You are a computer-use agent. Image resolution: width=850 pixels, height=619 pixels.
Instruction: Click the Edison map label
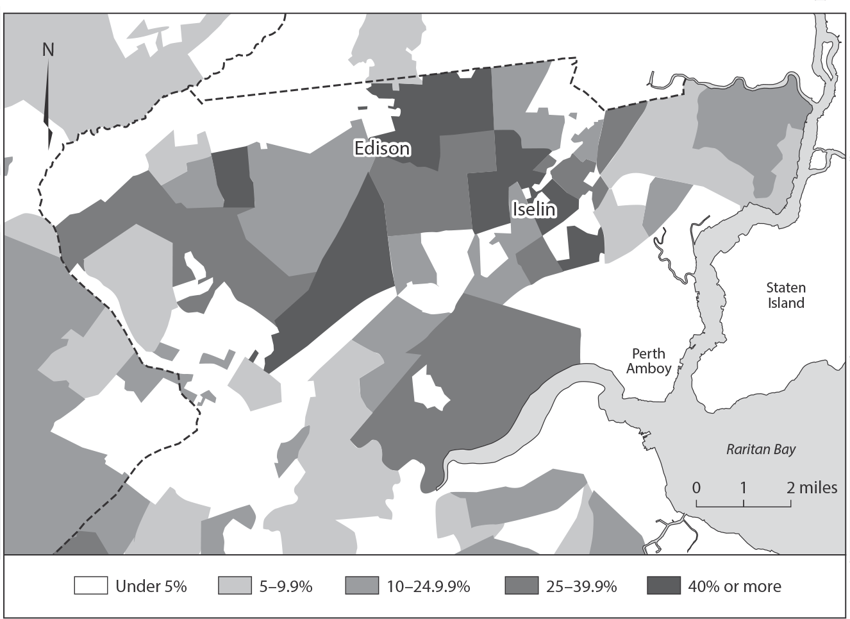tap(382, 148)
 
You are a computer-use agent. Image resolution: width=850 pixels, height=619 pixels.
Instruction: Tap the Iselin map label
tap(533, 208)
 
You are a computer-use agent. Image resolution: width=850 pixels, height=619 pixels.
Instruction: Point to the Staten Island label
tap(786, 295)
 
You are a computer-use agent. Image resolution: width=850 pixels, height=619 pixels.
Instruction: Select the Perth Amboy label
tap(649, 360)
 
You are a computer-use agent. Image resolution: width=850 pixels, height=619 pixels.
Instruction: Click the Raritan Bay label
tap(760, 449)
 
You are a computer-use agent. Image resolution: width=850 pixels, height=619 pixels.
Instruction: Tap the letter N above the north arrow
tap(48, 49)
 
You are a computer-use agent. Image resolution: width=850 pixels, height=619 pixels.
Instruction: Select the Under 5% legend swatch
tap(90, 586)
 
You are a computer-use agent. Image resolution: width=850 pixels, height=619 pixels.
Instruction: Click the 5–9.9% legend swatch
tap(235, 586)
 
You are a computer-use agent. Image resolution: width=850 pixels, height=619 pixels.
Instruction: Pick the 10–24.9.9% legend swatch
tap(362, 586)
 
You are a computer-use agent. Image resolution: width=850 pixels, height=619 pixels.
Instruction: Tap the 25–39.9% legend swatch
tap(521, 586)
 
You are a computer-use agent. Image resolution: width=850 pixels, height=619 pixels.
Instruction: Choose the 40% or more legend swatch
tap(663, 586)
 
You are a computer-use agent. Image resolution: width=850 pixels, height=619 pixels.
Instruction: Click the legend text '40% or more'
tap(735, 586)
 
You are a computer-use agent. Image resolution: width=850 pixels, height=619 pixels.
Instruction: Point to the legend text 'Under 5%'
tap(151, 586)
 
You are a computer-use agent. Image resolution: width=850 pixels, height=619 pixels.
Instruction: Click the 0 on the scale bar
tap(696, 488)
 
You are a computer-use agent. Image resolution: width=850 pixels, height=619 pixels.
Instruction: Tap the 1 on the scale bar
tap(743, 488)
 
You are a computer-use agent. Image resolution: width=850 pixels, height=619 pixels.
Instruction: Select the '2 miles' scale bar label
tap(812, 488)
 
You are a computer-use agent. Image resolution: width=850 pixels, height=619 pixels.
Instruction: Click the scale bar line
tap(744, 505)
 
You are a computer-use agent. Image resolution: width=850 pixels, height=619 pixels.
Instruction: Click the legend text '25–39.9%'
tap(582, 586)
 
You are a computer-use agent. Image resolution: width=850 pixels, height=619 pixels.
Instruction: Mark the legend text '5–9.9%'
tap(285, 586)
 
